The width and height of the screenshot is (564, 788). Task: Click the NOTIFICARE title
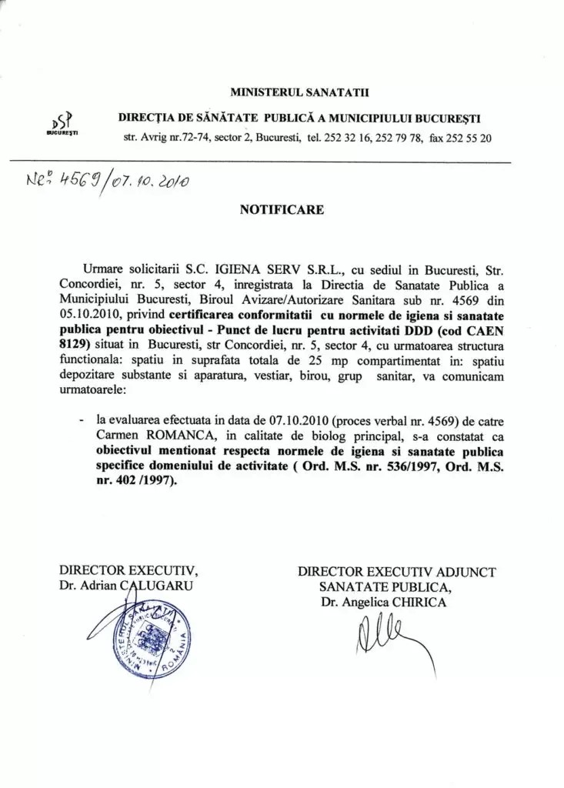[282, 209]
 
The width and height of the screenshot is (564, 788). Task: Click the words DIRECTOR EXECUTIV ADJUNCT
[396, 572]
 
